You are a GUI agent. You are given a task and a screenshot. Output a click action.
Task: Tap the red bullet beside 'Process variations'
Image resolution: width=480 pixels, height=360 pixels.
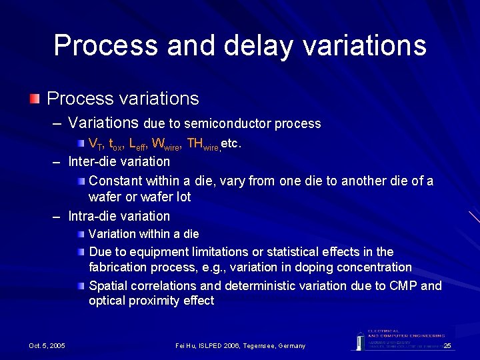34,99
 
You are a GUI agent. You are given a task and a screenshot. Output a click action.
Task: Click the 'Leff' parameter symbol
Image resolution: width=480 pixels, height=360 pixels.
138,144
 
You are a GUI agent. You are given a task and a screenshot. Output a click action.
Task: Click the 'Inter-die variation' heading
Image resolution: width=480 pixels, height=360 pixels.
119,162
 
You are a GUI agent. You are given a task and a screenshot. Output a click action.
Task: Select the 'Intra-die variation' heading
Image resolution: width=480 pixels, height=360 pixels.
119,217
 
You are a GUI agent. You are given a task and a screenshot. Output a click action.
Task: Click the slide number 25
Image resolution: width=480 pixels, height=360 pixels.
447,345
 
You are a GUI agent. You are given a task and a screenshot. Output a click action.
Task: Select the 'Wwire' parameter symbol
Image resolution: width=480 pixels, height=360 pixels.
165,144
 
